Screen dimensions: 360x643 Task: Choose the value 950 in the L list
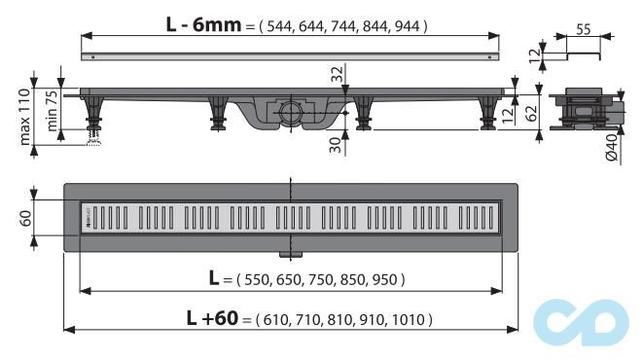(383, 279)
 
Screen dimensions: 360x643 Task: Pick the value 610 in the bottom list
(274, 319)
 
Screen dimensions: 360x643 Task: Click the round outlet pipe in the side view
(291, 111)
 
